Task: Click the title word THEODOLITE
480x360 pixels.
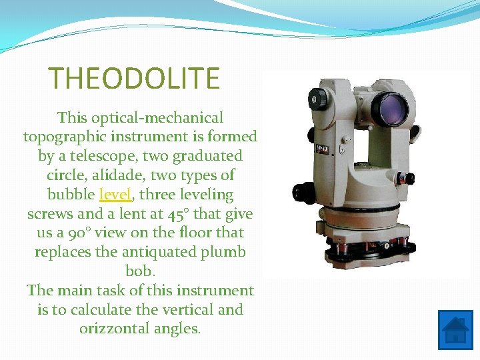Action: pos(134,79)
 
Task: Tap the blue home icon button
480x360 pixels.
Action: pos(455,330)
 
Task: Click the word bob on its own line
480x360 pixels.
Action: pos(140,271)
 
